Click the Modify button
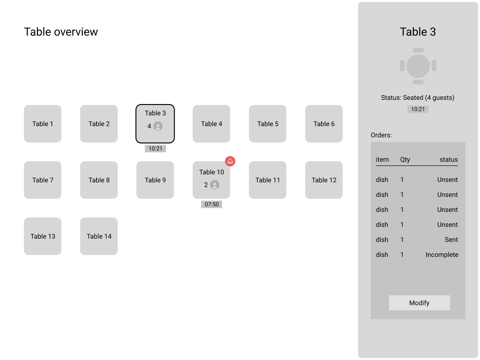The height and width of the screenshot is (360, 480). pos(419,303)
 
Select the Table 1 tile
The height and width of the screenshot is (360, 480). pos(42,124)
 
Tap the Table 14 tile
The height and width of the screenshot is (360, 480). pos(99,236)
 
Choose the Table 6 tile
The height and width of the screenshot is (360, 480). pos(324,124)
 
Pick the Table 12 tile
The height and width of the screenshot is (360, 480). pos(324,180)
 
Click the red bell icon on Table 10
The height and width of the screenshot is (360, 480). pos(230,161)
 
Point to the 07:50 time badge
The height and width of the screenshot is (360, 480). pos(212,204)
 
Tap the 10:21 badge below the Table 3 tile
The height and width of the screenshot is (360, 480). pos(155,148)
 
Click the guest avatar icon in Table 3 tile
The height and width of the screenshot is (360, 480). pos(158,126)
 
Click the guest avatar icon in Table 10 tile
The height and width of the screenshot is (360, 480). pos(215,185)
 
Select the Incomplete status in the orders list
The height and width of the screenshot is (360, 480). pos(442,255)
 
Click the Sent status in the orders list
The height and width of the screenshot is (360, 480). pos(451,240)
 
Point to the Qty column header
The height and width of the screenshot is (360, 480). pos(405,160)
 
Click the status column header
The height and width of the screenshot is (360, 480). pos(448,160)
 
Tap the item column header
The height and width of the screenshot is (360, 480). pos(382,160)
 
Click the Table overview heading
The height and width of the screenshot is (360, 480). pos(61,32)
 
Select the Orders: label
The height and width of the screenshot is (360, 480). pos(381,135)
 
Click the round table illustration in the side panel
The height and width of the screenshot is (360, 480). pos(418,66)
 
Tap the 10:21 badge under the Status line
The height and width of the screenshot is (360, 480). pos(418,109)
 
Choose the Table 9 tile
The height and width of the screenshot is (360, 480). pos(155,180)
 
